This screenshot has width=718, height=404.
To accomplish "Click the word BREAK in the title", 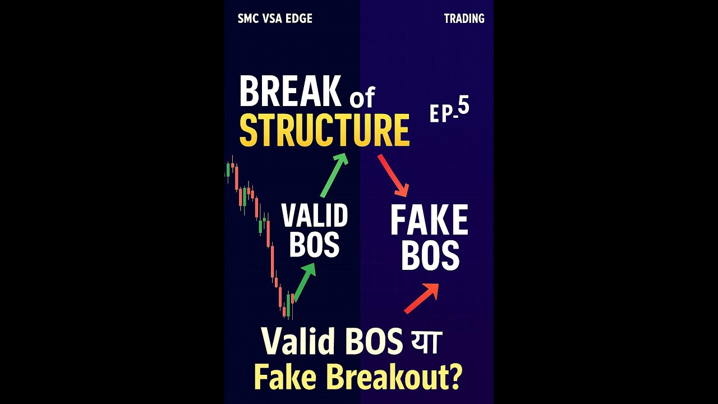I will click(289, 92).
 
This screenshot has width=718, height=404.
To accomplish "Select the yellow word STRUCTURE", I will click(324, 131).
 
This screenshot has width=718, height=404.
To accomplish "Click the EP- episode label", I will click(441, 113).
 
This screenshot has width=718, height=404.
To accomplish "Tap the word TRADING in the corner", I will click(464, 19).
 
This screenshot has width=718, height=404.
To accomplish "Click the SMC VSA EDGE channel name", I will click(275, 19).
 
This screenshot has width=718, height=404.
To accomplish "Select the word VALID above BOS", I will click(314, 216).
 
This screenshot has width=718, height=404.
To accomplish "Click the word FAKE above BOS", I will click(429, 221).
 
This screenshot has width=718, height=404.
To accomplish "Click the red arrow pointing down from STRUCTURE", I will click(393, 175).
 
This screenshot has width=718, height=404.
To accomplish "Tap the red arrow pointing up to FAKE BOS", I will click(421, 298).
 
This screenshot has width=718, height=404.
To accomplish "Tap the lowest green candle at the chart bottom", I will click(288, 306).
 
